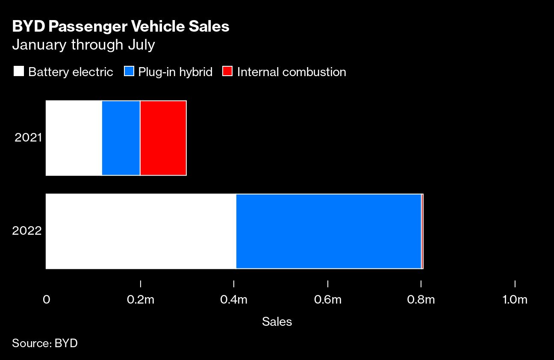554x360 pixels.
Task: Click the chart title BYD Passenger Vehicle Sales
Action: pyautogui.click(x=121, y=27)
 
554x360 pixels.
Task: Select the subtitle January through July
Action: pyautogui.click(x=83, y=44)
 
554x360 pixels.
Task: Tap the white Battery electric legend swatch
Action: pyautogui.click(x=19, y=71)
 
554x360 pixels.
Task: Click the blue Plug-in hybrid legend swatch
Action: pyautogui.click(x=129, y=71)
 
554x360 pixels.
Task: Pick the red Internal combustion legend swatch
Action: pyautogui.click(x=227, y=71)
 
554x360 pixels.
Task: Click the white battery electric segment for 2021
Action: pyautogui.click(x=74, y=138)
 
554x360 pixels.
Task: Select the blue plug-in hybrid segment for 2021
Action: pyautogui.click(x=121, y=138)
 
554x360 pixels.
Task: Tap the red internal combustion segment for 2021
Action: pyautogui.click(x=163, y=138)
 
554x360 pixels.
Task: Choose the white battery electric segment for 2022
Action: pyautogui.click(x=141, y=231)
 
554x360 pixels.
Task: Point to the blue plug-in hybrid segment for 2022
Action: pyautogui.click(x=329, y=231)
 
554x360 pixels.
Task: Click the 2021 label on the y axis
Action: pyautogui.click(x=28, y=138)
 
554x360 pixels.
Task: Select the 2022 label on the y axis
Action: pyautogui.click(x=27, y=231)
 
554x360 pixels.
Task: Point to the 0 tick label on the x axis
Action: pyautogui.click(x=46, y=300)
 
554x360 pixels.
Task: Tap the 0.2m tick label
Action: pyautogui.click(x=141, y=300)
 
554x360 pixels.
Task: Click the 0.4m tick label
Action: pyautogui.click(x=234, y=300)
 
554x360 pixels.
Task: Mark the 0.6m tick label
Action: pyautogui.click(x=327, y=300)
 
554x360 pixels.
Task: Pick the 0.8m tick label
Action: pyautogui.click(x=421, y=300)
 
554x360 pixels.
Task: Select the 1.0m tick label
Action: pyautogui.click(x=515, y=300)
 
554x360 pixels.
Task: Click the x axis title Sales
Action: pyautogui.click(x=277, y=322)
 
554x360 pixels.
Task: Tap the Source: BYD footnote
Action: pyautogui.click(x=45, y=343)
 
